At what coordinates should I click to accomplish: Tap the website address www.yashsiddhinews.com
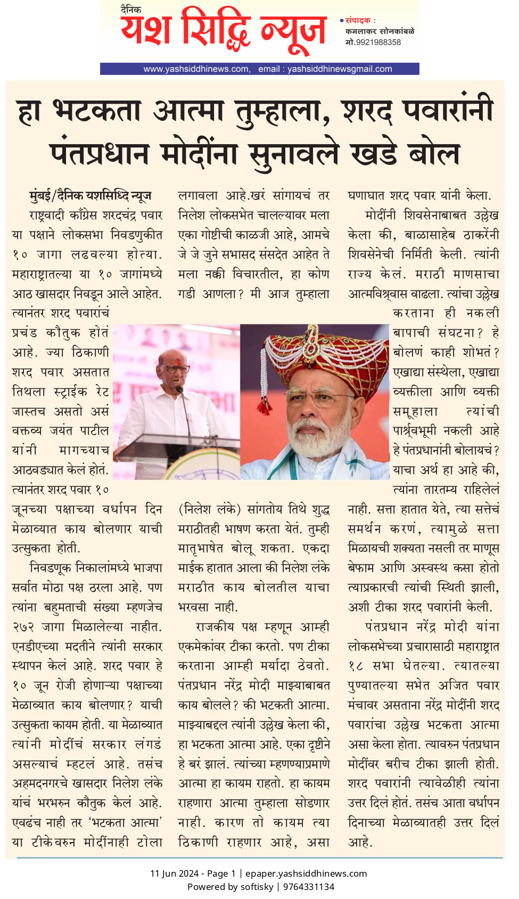[195, 69]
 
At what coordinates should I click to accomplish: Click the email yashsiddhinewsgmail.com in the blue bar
[340, 69]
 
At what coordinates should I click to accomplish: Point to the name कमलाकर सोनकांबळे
[380, 31]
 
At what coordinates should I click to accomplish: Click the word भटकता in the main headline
[97, 112]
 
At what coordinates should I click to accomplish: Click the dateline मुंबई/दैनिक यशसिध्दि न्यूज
[90, 196]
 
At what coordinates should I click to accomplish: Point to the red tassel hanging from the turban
[264, 407]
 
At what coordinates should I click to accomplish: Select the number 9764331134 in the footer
[309, 887]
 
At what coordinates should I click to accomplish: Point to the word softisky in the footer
[257, 887]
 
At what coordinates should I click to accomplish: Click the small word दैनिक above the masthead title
[131, 9]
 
